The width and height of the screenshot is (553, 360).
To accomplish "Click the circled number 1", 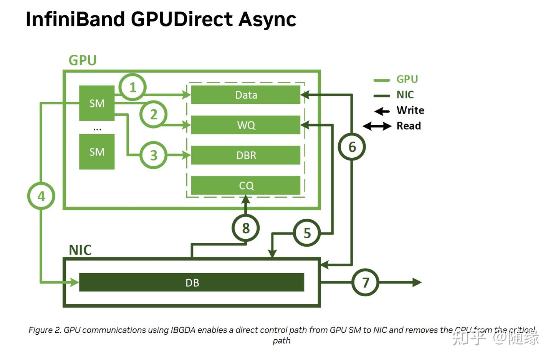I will (x=132, y=87).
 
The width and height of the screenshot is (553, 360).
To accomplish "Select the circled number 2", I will (x=154, y=114).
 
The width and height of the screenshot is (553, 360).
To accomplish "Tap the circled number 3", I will (x=154, y=155).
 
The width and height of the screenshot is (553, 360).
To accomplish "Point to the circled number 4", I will (x=41, y=196).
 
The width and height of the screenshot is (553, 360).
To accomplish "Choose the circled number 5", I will (x=307, y=233).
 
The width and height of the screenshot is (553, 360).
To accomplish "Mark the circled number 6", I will (x=352, y=147).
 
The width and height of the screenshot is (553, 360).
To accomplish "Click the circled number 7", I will (x=365, y=282).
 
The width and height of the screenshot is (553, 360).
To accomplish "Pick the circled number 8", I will (x=246, y=228).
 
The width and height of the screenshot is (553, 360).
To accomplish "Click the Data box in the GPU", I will (x=246, y=95).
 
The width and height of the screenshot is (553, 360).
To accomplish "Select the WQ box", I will (x=246, y=125).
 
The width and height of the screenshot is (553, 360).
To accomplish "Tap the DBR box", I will (x=246, y=155).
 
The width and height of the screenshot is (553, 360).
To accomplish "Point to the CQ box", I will (x=246, y=185).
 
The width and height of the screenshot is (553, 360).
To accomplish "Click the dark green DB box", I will (x=192, y=282).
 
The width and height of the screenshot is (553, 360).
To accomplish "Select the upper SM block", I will (x=97, y=103).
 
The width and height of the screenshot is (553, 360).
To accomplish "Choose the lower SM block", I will (x=97, y=152).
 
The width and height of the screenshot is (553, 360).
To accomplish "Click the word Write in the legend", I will (x=410, y=111).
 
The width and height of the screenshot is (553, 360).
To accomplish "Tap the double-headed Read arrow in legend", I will (x=377, y=126).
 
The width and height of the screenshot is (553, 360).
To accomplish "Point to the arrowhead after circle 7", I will (x=417, y=282).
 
